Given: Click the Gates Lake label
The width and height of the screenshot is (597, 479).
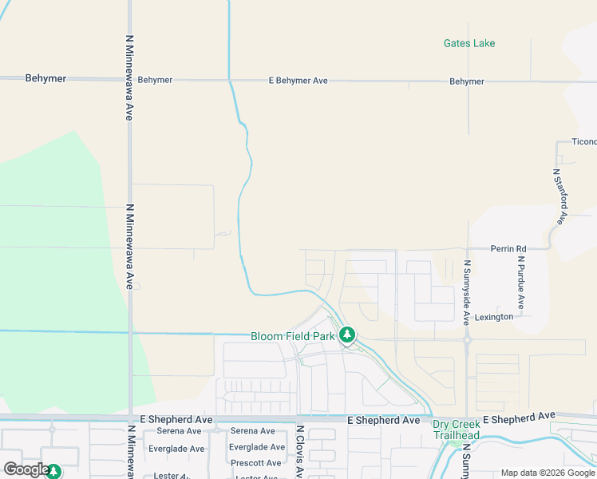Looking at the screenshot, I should (x=469, y=43).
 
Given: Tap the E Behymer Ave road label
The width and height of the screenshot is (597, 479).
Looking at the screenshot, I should (x=298, y=81).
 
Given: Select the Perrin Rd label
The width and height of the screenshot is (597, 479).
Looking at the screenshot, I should (x=508, y=248).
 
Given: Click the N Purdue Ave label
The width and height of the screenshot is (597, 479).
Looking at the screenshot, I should (x=520, y=282).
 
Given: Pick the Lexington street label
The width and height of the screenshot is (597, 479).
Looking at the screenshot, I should (x=494, y=317).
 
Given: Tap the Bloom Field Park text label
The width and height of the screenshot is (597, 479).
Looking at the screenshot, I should (x=293, y=336).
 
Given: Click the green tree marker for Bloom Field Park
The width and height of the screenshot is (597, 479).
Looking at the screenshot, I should (x=346, y=335).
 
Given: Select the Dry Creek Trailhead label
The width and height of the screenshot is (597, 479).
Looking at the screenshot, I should (x=456, y=430).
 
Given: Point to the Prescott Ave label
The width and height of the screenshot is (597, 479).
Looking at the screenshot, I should (x=257, y=463).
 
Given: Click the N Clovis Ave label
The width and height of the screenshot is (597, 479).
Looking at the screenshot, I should (x=300, y=452).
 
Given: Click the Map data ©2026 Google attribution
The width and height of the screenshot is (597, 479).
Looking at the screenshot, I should (x=547, y=473).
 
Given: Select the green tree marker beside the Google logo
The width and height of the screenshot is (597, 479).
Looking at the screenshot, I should (x=53, y=472).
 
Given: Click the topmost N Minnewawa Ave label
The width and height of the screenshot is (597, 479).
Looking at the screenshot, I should (x=129, y=77).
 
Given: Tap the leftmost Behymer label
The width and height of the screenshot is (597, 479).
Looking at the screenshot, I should (x=45, y=79).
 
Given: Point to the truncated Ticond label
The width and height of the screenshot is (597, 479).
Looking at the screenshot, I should (x=584, y=142).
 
